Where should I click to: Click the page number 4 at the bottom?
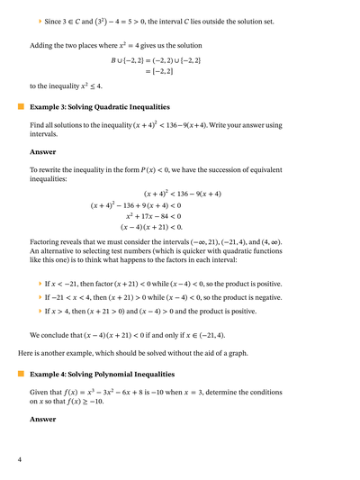coord(19,460)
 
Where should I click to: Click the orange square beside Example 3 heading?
coord(20,106)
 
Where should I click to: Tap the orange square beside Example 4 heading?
coord(20,373)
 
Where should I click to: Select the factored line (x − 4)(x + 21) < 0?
coord(147,228)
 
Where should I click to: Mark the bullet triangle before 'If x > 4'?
coord(40,311)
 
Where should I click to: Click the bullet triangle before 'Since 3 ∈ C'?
coord(40,20)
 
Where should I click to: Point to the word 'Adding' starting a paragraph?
coord(43,44)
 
